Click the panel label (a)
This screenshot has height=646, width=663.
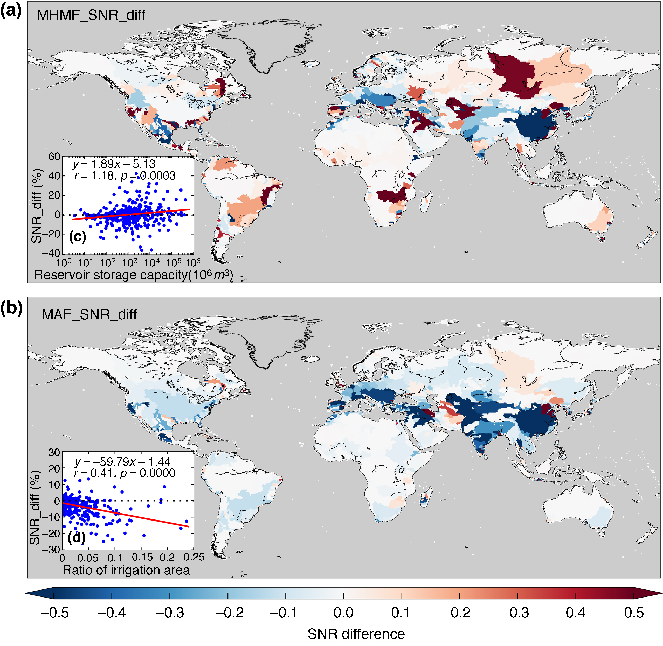pos(11,11)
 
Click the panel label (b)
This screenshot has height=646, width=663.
pos(11,308)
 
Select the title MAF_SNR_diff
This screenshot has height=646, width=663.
pos(89,314)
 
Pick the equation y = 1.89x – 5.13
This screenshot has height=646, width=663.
pos(114,164)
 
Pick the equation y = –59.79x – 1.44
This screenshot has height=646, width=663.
pos(122,462)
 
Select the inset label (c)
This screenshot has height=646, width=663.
pos(77,236)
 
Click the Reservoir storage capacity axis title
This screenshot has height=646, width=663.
pos(133,275)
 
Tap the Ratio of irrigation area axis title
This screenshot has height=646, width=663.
pos(126,570)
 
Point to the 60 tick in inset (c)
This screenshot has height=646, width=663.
pos(54,157)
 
